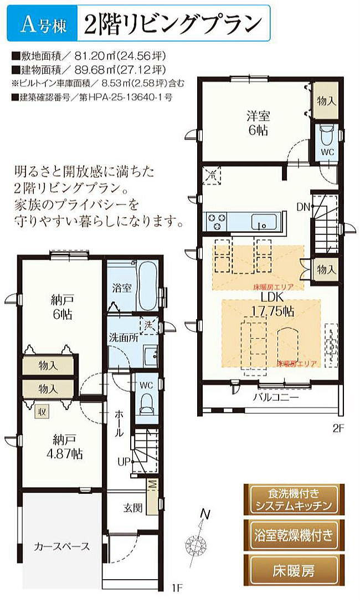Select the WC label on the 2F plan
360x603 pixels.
click(x=327, y=152)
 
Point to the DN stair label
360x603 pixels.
click(x=302, y=208)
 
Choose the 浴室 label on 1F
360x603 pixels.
click(x=121, y=288)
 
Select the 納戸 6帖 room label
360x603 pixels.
click(x=62, y=308)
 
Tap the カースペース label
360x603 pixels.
click(x=62, y=546)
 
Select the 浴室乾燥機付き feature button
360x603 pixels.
click(x=294, y=535)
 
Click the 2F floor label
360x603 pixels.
click(x=339, y=427)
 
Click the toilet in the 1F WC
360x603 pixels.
click(x=146, y=403)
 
